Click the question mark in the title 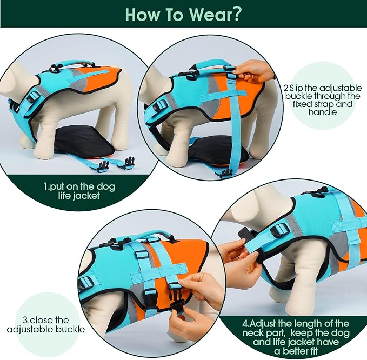[x=236, y=14]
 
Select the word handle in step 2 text [x=316, y=113]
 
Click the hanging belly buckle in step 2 [x=224, y=172]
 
